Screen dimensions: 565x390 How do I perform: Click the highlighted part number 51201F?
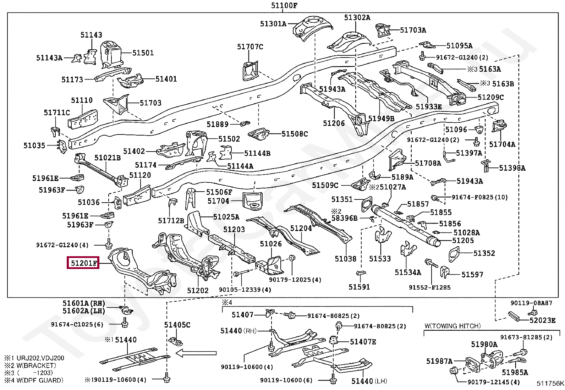[83, 263]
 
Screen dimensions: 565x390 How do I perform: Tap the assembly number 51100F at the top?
[284, 5]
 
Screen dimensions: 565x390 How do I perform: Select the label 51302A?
[357, 17]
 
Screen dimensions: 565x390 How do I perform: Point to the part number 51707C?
[250, 47]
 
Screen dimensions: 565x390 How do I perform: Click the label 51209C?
[491, 97]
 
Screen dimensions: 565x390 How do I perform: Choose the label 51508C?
[295, 134]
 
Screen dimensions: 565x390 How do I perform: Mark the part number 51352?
[484, 253]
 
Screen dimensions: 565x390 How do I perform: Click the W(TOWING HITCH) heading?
[452, 326]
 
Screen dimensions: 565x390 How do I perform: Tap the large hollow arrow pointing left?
[196, 353]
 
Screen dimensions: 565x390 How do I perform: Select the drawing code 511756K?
[550, 384]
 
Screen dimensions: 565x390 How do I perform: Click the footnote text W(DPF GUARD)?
[40, 380]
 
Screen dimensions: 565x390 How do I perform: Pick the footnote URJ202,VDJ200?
[40, 358]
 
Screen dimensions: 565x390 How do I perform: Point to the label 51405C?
[177, 325]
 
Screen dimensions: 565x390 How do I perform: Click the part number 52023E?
[542, 320]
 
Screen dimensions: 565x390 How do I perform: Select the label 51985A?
[515, 372]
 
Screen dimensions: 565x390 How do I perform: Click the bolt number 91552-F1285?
[429, 287]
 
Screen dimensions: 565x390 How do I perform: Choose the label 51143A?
[49, 58]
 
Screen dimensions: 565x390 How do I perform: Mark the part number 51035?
[34, 145]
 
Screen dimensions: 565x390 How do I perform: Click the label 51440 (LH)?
[369, 381]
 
